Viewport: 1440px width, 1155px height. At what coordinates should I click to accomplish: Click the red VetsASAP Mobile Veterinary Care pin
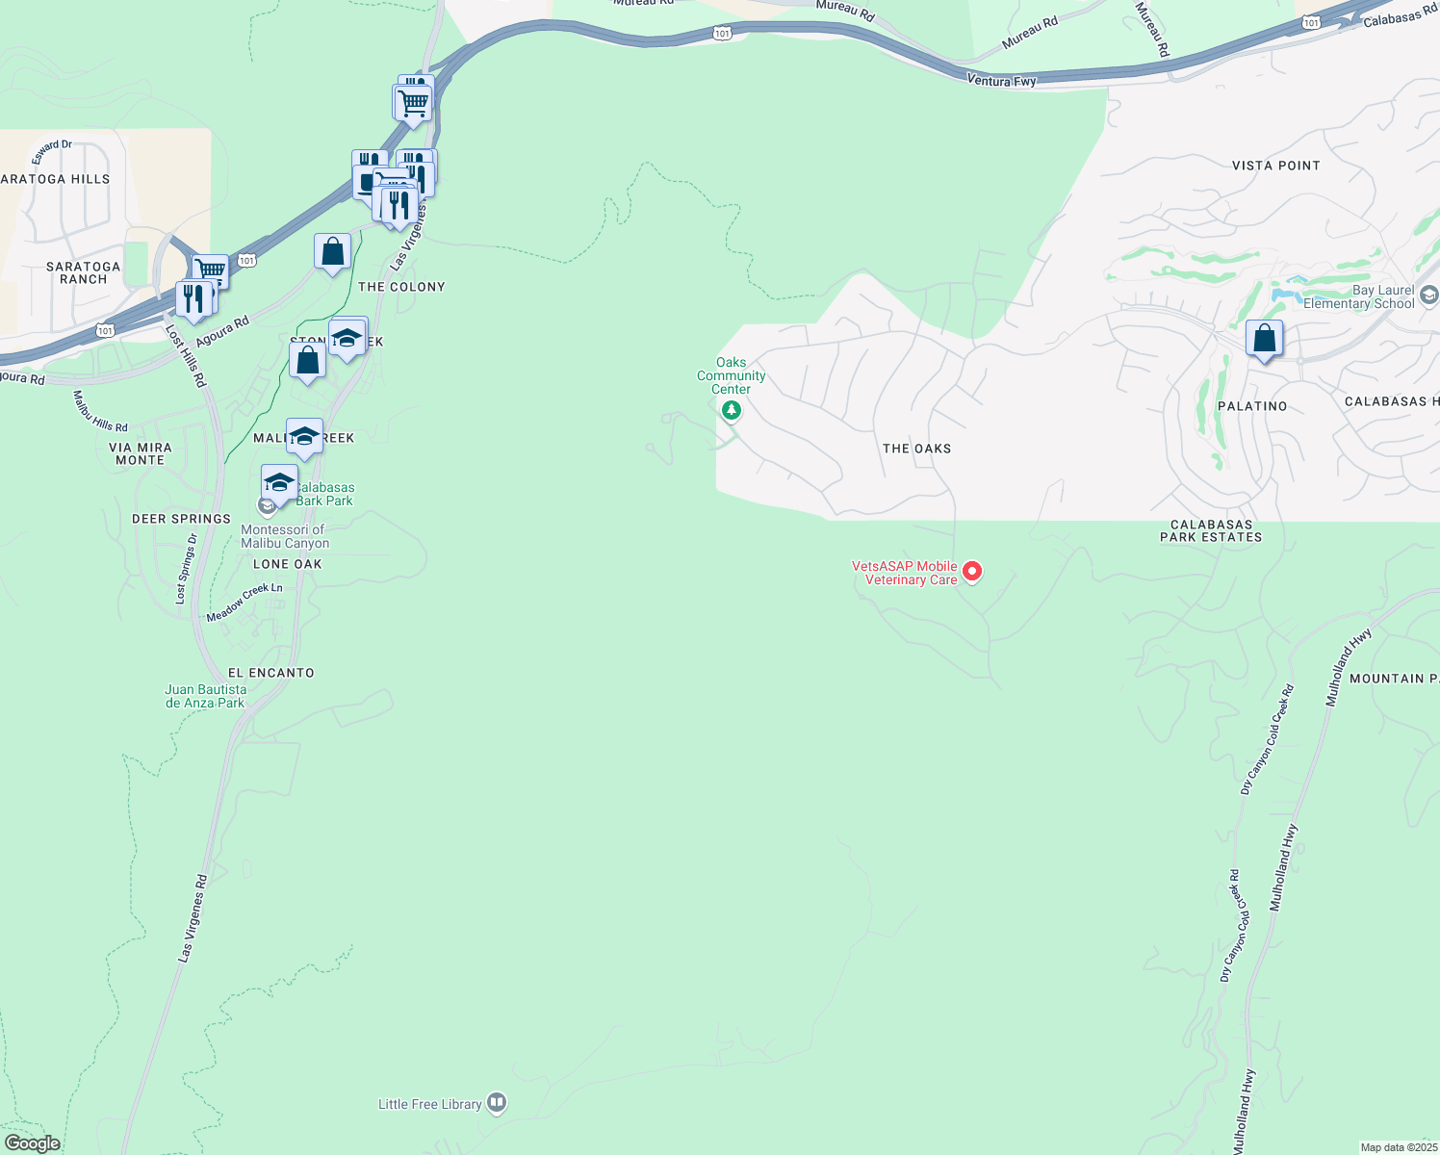coord(972,572)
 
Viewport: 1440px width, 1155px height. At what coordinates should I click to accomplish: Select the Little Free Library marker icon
coord(497,1103)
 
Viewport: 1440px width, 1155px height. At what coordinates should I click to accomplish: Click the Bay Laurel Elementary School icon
coord(1428,295)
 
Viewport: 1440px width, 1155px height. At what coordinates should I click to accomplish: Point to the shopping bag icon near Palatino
coord(1264,339)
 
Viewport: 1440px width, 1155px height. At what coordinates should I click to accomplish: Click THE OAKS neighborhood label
coord(916,449)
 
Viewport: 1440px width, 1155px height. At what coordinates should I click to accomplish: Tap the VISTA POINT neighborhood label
coord(1275,166)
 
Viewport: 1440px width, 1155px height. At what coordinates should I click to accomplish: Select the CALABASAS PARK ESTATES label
coord(1211,531)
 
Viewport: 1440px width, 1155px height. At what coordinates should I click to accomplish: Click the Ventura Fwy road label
coord(1001,82)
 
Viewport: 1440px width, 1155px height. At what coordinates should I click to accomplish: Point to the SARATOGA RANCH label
coord(84,272)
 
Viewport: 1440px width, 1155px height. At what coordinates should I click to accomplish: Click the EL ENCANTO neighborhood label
coord(270,673)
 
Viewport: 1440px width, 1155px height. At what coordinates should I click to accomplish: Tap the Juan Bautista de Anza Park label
coord(205,696)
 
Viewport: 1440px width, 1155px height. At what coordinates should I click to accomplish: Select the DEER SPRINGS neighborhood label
coord(181,519)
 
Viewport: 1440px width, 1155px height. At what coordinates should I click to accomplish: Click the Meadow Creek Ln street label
coord(244,603)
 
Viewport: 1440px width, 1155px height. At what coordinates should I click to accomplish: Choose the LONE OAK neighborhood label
coord(287,564)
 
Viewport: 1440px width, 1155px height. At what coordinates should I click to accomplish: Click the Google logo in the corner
coord(32,1143)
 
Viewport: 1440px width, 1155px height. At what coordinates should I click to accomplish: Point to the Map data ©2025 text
coord(1398,1147)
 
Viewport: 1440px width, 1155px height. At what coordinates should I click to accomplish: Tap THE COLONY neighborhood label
coord(401,287)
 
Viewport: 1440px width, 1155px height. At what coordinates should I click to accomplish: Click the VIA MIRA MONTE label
coord(141,453)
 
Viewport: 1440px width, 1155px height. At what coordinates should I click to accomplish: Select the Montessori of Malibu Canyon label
coord(284,536)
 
